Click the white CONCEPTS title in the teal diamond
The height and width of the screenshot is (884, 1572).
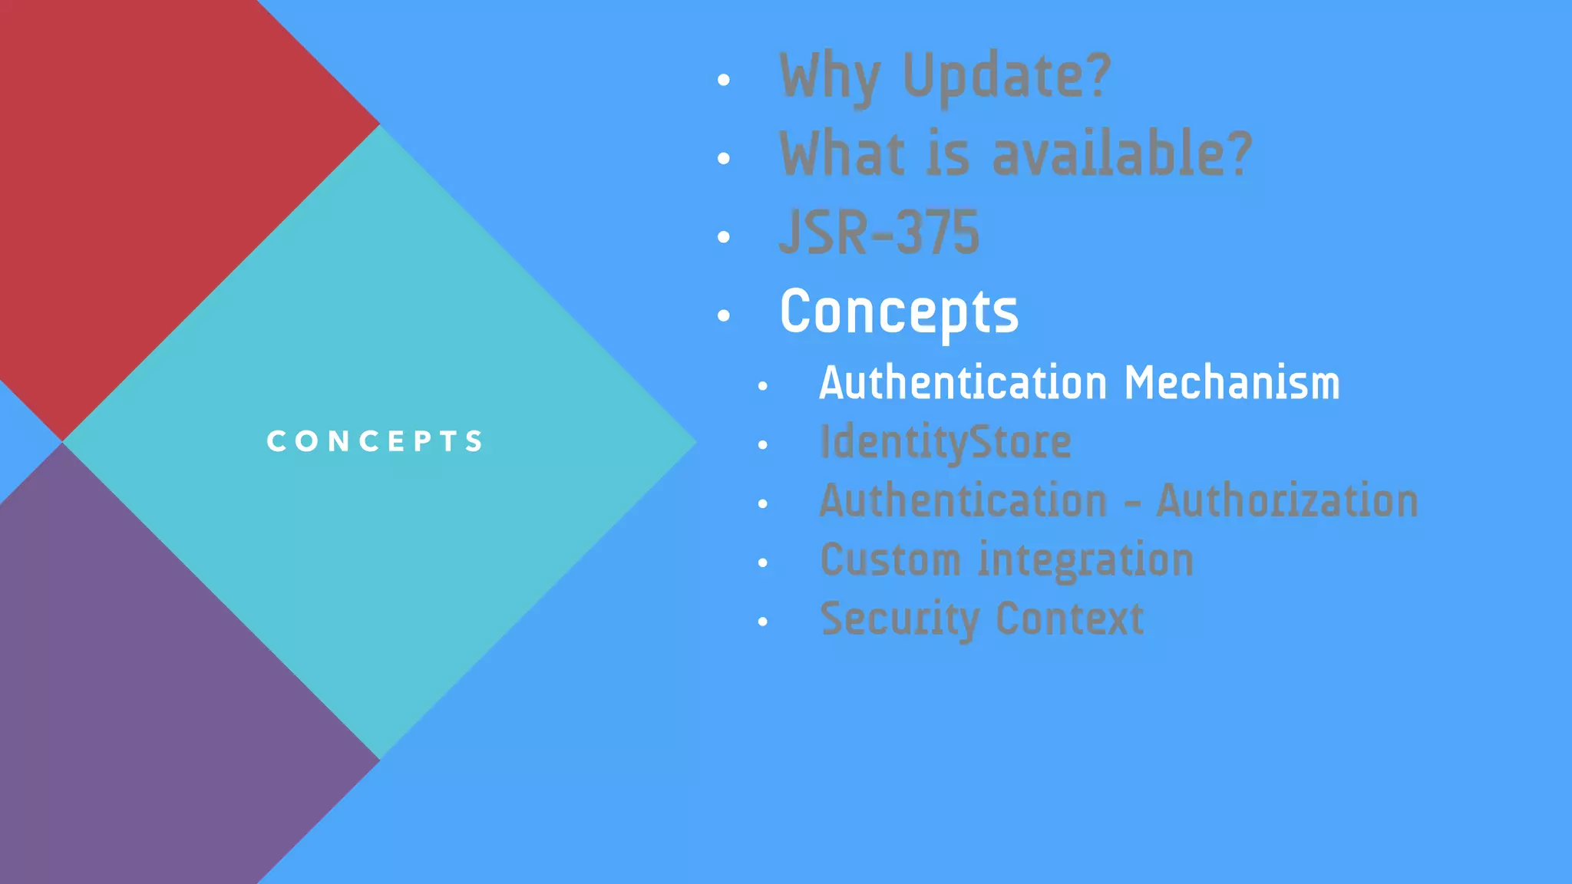[375, 441]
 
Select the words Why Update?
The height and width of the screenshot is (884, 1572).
[944, 77]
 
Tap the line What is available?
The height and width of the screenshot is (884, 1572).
[1015, 154]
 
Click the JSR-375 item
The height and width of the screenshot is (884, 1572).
[879, 233]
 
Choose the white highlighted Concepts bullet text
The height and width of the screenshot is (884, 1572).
[899, 312]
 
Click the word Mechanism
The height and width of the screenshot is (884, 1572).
[1232, 382]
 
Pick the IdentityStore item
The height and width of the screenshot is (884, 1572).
[945, 442]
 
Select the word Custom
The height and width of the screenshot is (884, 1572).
[890, 559]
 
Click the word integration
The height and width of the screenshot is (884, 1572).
[1085, 559]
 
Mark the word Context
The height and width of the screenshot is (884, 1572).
[1069, 618]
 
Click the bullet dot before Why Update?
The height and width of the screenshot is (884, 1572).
[723, 80]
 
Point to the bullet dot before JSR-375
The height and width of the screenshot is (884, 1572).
[723, 237]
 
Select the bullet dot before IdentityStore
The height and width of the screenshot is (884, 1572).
[762, 445]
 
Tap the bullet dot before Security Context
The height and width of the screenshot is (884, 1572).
[762, 622]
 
